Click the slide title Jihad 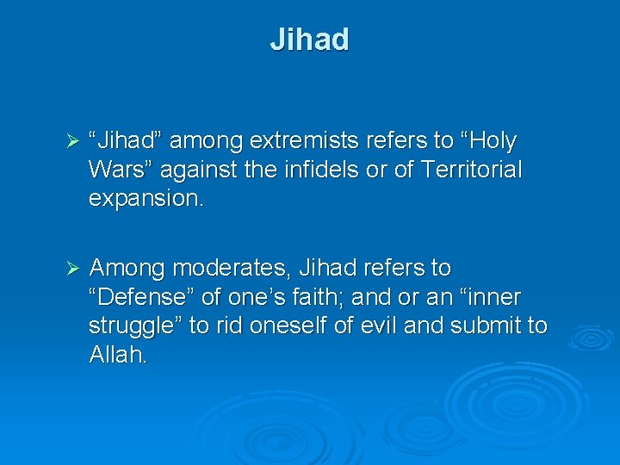tap(309, 40)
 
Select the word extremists tap(300, 140)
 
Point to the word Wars tap(118, 170)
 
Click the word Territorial tap(470, 170)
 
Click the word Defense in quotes tap(139, 297)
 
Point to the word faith tap(335, 297)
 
